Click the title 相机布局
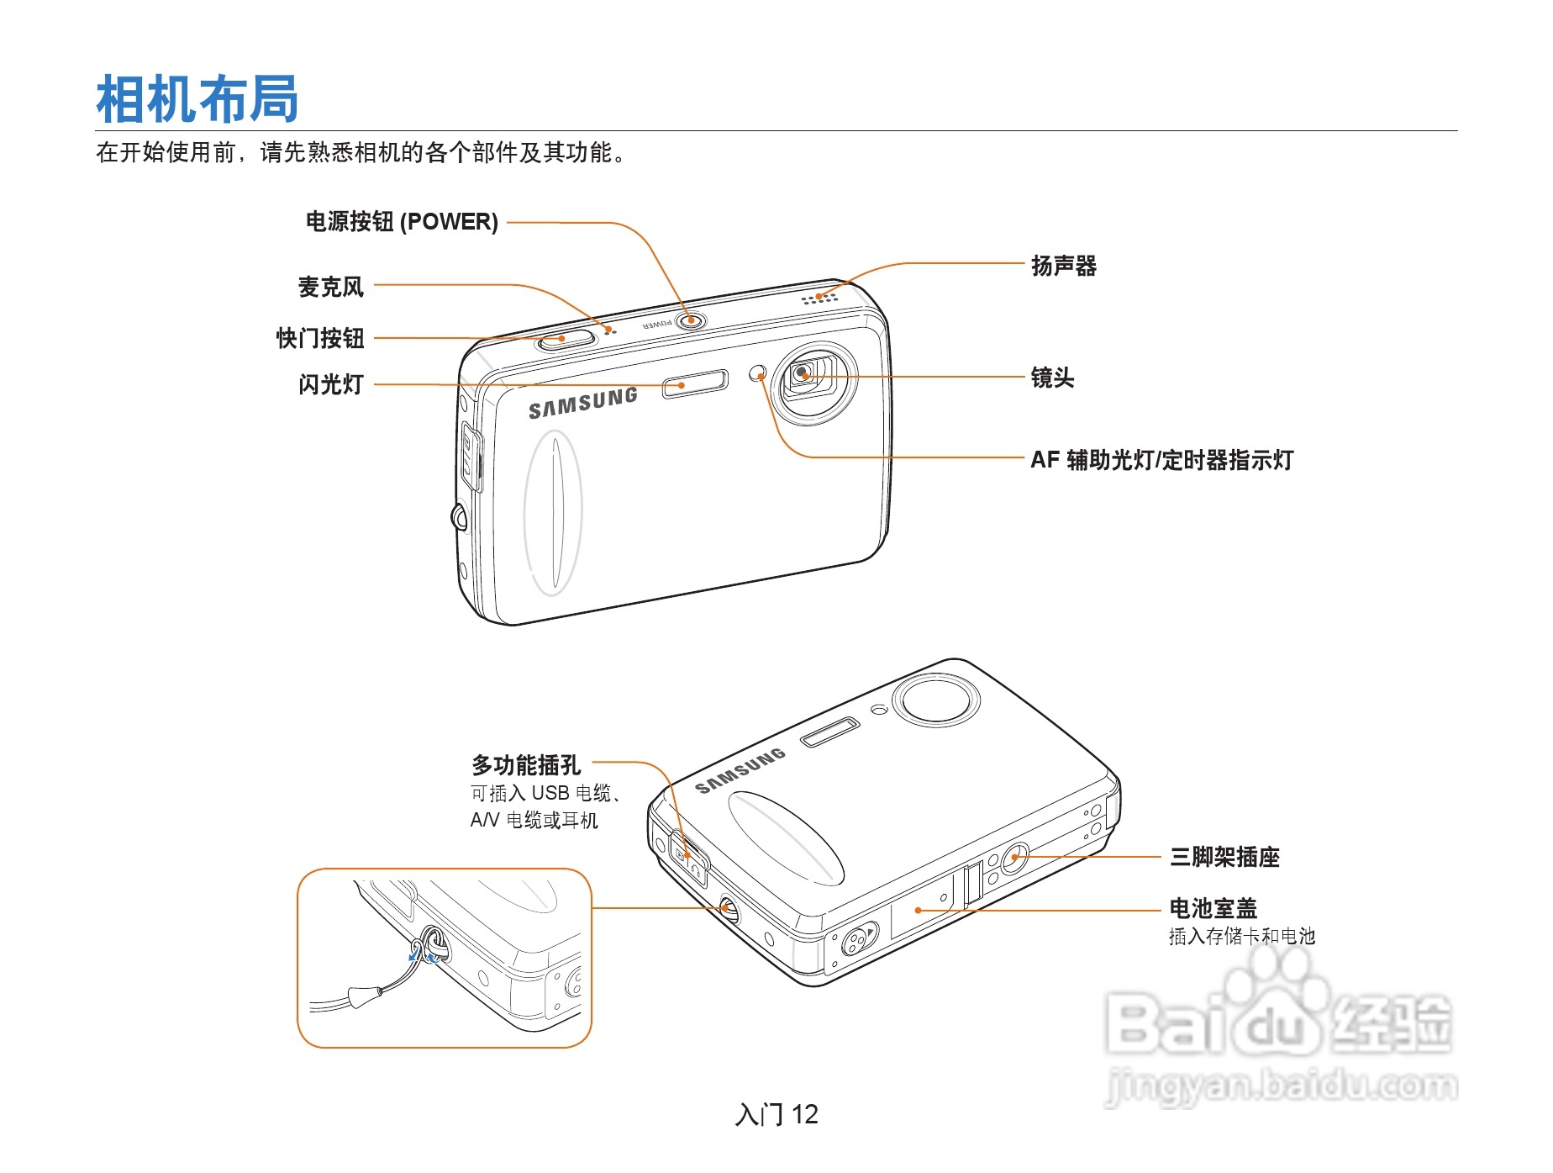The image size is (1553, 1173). coord(197,99)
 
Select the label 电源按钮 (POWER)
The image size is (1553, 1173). coord(402,222)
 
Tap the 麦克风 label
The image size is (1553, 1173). coord(331,287)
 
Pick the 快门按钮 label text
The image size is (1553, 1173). coord(320,338)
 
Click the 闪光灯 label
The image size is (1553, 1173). coord(331,384)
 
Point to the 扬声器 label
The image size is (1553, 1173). coord(1063,266)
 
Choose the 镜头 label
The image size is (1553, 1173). coord(1052,378)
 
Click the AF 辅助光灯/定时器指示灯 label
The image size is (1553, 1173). coord(1161,460)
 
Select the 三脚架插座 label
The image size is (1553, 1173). coord(1224,857)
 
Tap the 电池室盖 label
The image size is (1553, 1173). coord(1213,908)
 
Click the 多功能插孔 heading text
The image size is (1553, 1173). coord(525,765)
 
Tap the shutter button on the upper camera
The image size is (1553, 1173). coord(565,340)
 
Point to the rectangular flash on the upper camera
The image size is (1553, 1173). coord(695,383)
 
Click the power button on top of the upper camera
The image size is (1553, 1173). coord(691,320)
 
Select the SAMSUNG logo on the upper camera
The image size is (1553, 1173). coord(582,404)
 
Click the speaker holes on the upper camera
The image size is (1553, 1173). coord(819,298)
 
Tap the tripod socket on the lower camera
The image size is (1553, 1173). coord(1014,857)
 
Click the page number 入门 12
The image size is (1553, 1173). coord(776,1114)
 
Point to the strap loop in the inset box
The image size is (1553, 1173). coord(434,946)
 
